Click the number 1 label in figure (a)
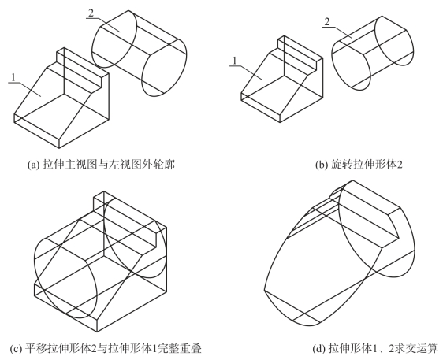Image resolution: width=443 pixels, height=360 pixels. tap(13, 77)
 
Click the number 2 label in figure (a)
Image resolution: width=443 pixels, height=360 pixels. tap(91, 13)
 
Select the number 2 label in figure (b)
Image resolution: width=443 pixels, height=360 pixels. tap(327, 22)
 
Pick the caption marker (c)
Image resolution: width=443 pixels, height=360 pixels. tap(16, 348)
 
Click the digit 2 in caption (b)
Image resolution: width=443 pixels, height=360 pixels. tap(399, 165)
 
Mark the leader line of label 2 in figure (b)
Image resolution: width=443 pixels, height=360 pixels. tap(337, 32)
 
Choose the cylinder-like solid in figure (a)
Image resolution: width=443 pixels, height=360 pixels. tap(140, 54)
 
